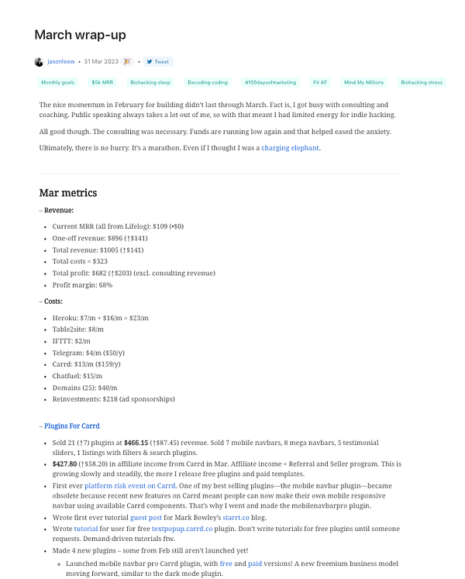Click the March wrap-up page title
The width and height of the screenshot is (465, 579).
point(80,35)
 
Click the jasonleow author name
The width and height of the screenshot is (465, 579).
point(60,62)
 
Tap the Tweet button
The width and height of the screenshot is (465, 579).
point(157,62)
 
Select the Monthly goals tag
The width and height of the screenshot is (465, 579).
point(57,82)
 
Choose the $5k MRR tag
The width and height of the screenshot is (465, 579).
point(102,82)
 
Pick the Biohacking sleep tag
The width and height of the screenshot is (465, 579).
point(150,82)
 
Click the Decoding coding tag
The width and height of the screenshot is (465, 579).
point(207,82)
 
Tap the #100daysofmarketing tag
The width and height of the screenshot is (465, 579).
point(269,82)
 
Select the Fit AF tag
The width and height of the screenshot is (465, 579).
point(320,82)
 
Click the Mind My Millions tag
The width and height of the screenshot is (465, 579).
point(364,82)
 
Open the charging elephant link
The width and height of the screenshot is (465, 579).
point(290,148)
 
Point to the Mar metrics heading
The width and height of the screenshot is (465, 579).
point(67,193)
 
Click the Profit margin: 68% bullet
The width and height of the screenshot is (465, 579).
point(82,285)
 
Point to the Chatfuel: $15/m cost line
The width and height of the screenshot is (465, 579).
point(77,376)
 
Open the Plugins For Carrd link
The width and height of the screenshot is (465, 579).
point(71,426)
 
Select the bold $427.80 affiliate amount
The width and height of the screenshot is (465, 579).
point(64,464)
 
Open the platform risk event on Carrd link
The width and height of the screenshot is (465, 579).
point(130,485)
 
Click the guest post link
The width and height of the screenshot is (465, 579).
point(146,515)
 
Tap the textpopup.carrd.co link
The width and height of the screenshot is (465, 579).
point(181,528)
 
